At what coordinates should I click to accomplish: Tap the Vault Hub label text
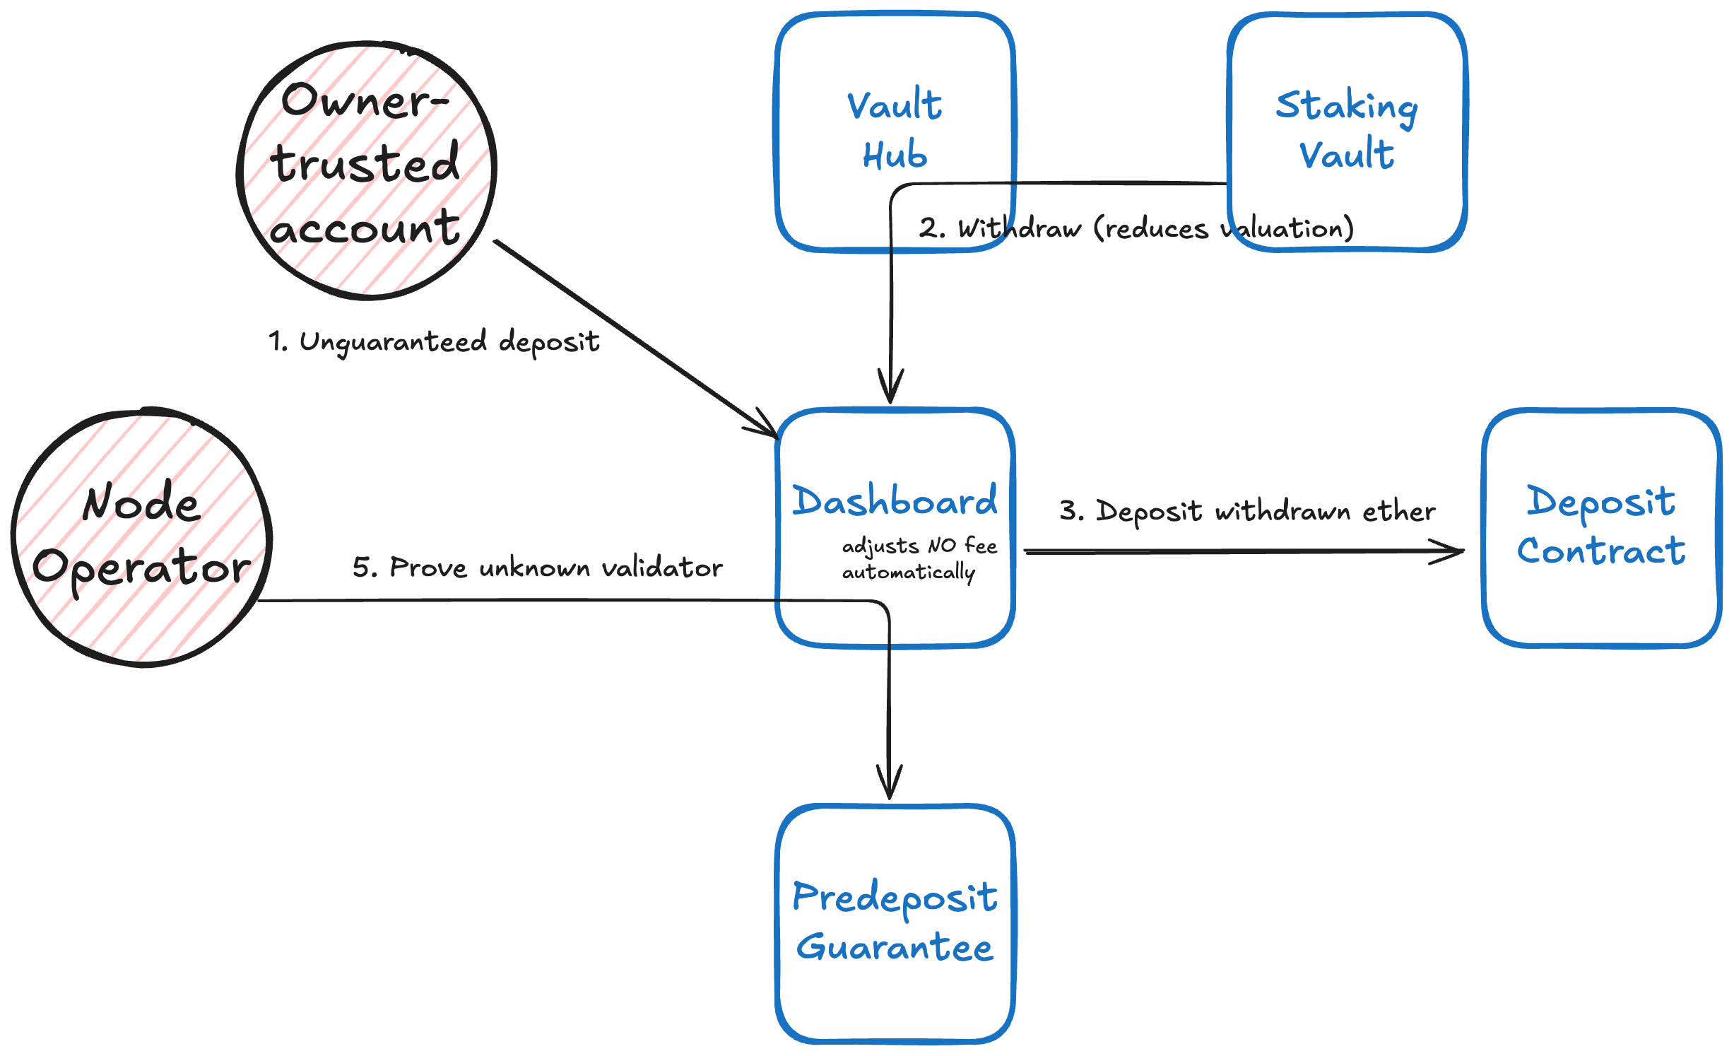coord(895,129)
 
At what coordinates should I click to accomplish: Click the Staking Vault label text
coord(1347,129)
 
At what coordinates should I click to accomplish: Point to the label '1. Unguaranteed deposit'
coord(434,342)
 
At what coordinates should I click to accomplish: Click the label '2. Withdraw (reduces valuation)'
coord(1136,228)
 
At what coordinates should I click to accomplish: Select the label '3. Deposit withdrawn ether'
coord(1247,511)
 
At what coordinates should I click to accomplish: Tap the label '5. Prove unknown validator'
coord(537,568)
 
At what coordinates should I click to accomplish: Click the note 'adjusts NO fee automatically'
coord(919,558)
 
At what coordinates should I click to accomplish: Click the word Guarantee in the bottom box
coord(895,948)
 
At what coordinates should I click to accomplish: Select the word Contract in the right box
coord(1601,551)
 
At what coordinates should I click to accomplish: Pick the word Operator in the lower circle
coord(141,568)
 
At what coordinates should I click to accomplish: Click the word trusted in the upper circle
coord(365,163)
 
